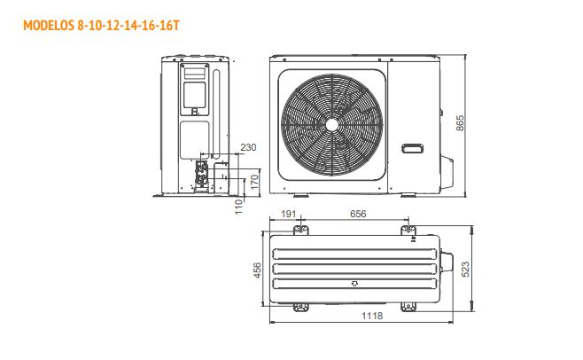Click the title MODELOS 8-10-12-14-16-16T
tap(101, 26)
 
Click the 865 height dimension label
tap(460, 123)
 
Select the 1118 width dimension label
tap(372, 316)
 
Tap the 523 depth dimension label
tap(465, 270)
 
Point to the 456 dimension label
tap(257, 270)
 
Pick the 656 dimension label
tap(358, 214)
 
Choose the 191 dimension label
tap(289, 214)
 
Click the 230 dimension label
tap(248, 147)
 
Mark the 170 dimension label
tap(254, 182)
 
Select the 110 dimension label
tap(238, 207)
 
